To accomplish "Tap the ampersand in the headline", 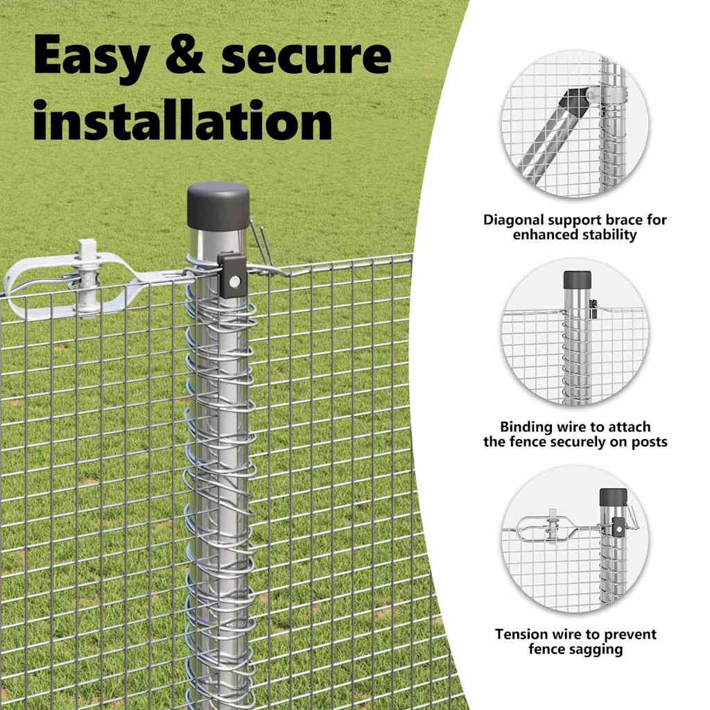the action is pos(185,54).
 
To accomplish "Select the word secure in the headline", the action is pos(306,57).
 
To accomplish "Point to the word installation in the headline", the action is pos(183,119).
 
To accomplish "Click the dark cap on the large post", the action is pos(218,207).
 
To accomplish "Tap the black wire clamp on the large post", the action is pos(232,275).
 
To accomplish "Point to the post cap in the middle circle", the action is pos(578,280).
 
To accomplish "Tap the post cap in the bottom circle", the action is pos(614,496).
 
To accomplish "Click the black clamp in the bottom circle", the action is pos(618,527).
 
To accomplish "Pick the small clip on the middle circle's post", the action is pos(593,309).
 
